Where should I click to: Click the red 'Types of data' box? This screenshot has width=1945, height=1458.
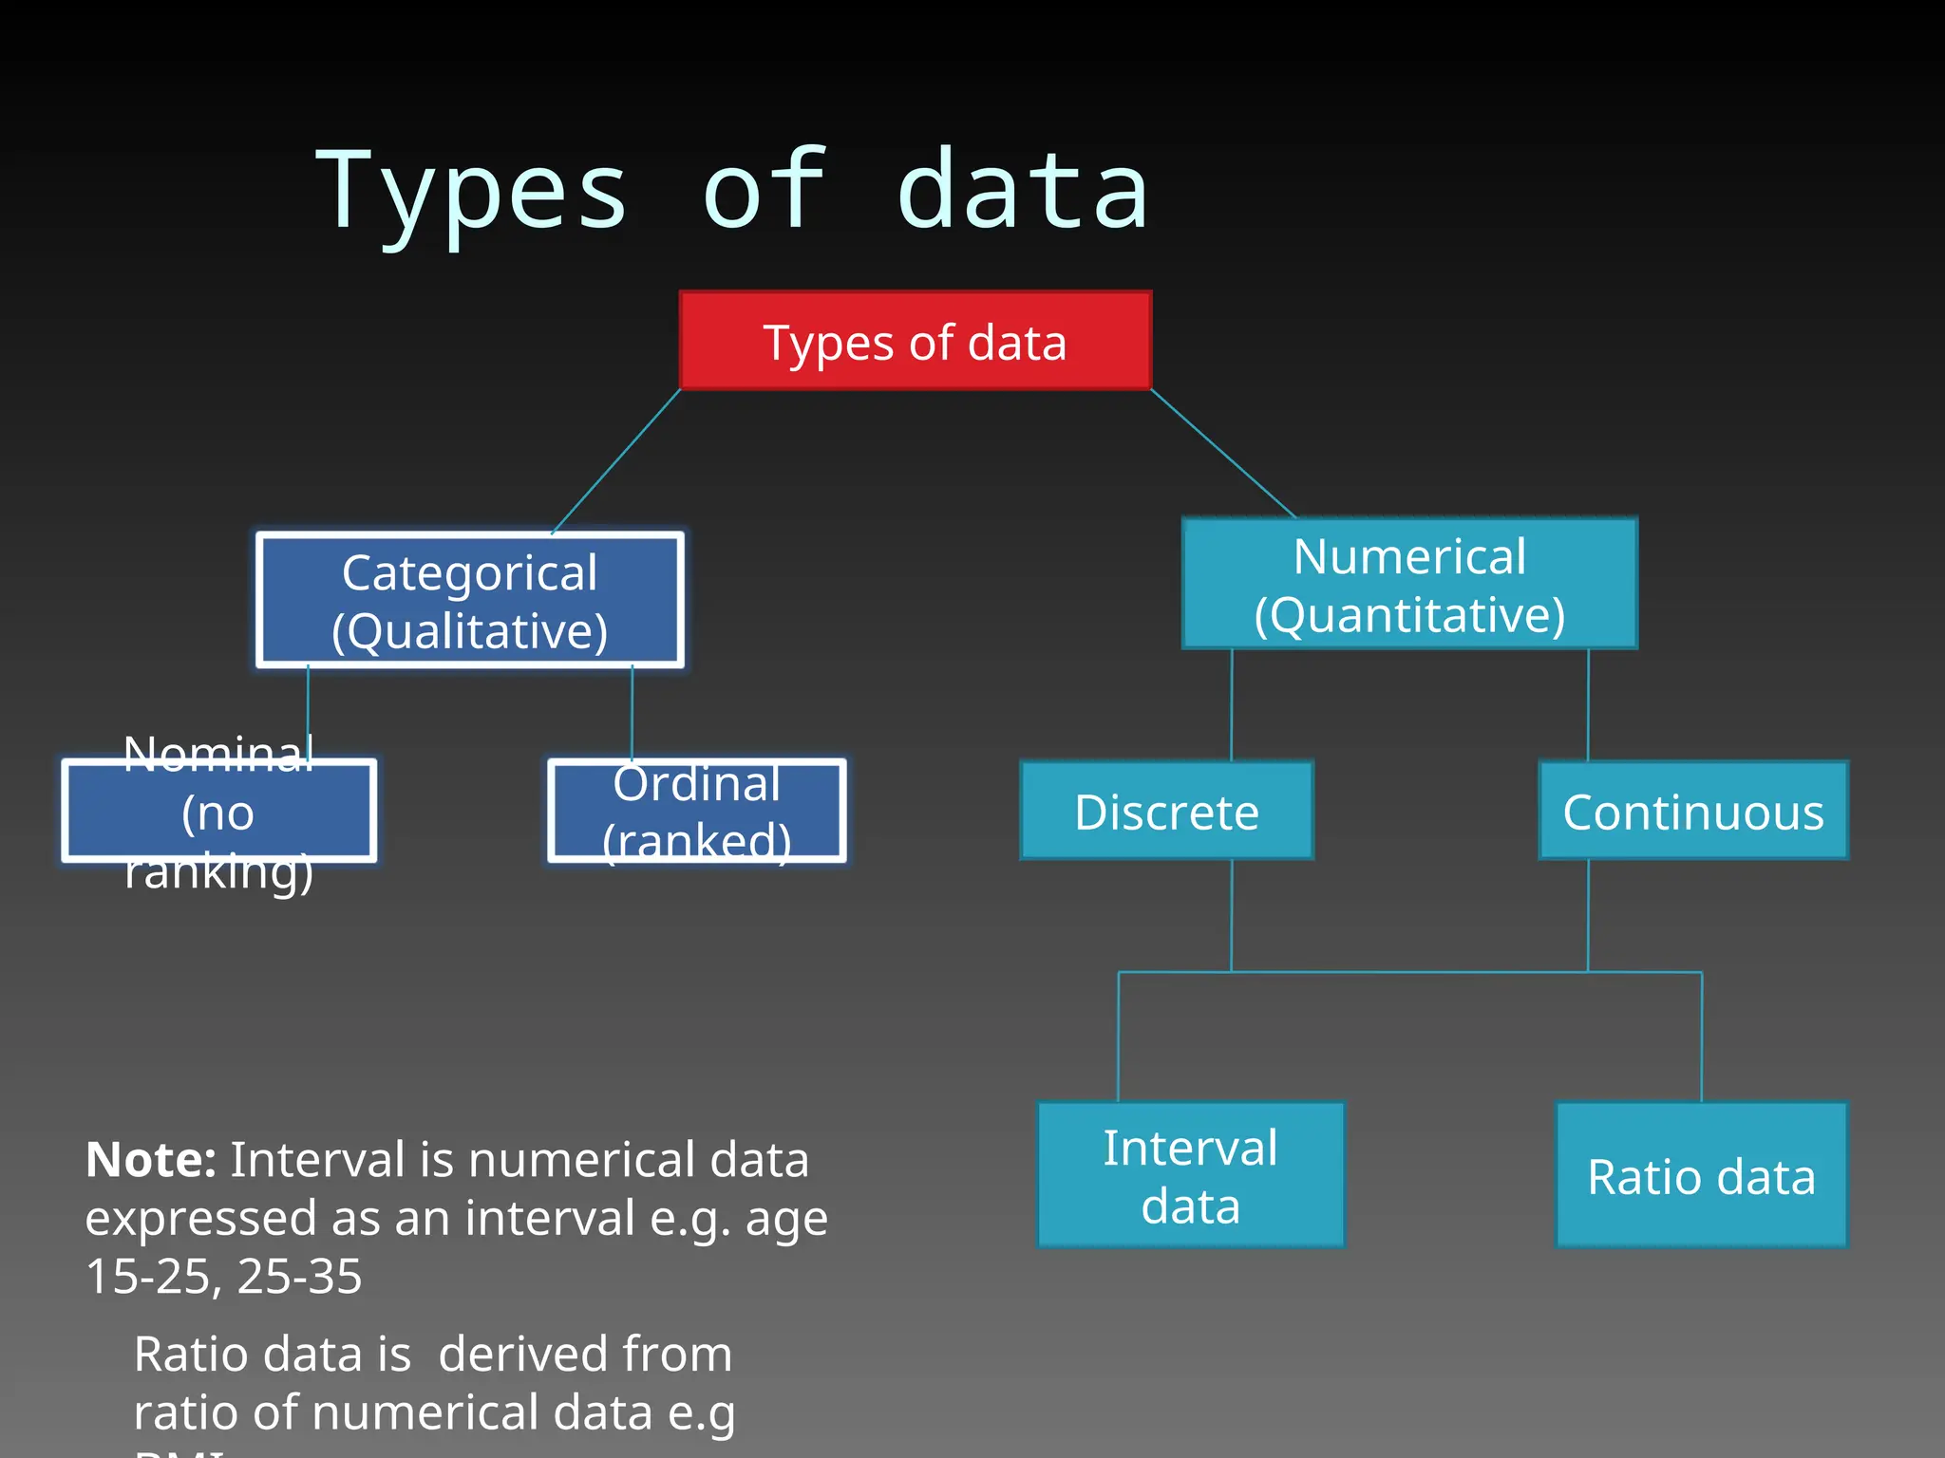point(915,341)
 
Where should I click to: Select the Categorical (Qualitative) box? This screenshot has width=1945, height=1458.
point(469,601)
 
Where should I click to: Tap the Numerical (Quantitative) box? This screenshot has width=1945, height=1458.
point(1409,584)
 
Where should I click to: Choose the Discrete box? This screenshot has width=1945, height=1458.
point(1166,812)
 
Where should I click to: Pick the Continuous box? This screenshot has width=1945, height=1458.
point(1693,812)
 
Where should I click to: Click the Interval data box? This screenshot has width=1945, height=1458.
point(1190,1175)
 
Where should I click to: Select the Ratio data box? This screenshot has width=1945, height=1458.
point(1701,1175)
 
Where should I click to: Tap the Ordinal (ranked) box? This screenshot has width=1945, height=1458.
point(696,812)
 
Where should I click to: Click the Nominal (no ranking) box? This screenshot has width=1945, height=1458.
point(218,812)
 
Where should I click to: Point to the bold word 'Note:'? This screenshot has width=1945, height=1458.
point(151,1159)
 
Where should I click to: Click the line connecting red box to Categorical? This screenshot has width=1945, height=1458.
point(615,461)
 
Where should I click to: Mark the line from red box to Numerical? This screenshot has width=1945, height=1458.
point(1223,454)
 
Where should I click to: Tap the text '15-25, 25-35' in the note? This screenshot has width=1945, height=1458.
point(223,1276)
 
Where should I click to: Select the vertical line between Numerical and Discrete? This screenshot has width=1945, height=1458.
point(1232,705)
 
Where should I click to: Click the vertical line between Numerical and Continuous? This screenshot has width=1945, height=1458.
point(1588,705)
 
